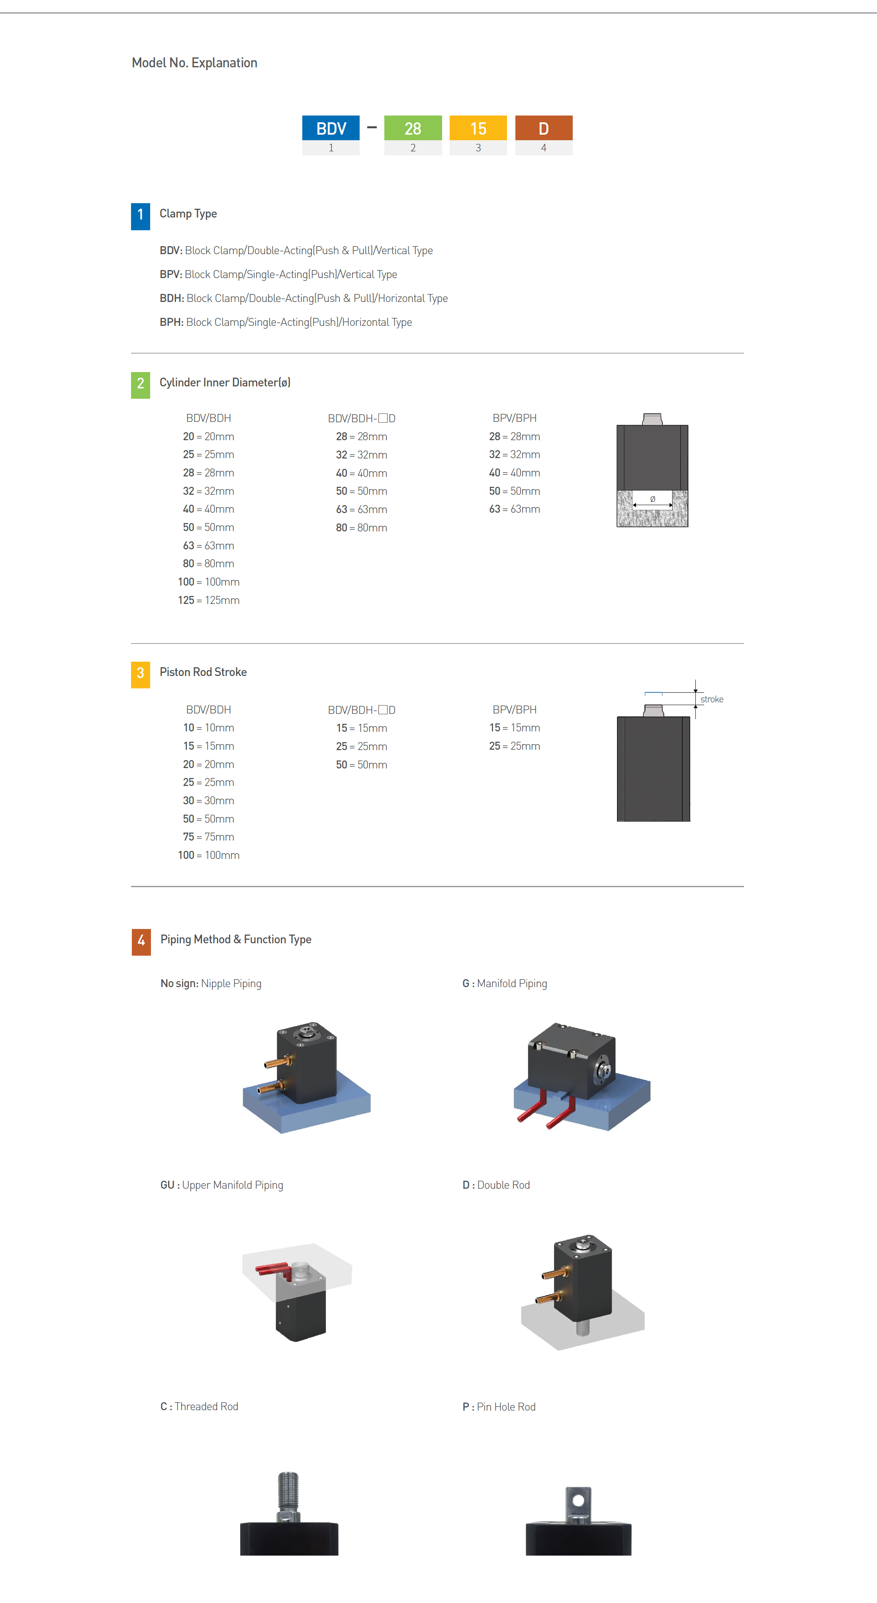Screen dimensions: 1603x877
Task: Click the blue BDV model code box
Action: point(331,128)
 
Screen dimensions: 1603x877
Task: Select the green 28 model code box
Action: point(413,128)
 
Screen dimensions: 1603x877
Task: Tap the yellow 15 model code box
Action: point(478,128)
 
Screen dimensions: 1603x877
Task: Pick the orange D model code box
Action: point(544,128)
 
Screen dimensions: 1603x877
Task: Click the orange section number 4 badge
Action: point(141,941)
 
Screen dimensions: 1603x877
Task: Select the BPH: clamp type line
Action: point(286,322)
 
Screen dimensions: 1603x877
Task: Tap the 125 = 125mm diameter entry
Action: point(208,600)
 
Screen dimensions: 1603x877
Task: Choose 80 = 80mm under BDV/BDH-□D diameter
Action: point(361,528)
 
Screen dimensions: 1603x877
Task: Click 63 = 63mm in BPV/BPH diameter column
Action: point(515,509)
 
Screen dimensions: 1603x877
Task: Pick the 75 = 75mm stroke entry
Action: point(208,837)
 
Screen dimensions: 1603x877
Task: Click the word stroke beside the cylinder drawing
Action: point(712,700)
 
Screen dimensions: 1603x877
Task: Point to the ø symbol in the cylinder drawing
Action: point(652,499)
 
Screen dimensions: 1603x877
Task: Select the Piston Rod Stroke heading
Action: point(203,672)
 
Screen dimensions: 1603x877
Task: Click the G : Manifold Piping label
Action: point(505,983)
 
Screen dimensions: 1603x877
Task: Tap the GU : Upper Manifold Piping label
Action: point(221,1185)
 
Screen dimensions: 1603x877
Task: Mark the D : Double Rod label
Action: point(496,1185)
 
